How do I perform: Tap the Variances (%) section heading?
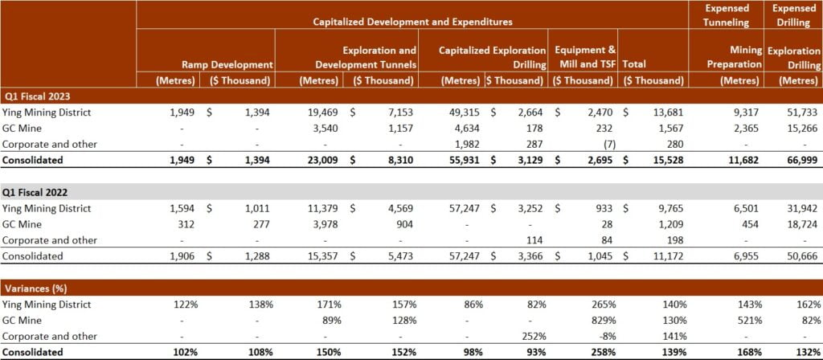pos(35,288)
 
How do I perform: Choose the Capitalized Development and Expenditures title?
pos(412,22)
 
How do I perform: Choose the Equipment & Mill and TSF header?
pos(584,57)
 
